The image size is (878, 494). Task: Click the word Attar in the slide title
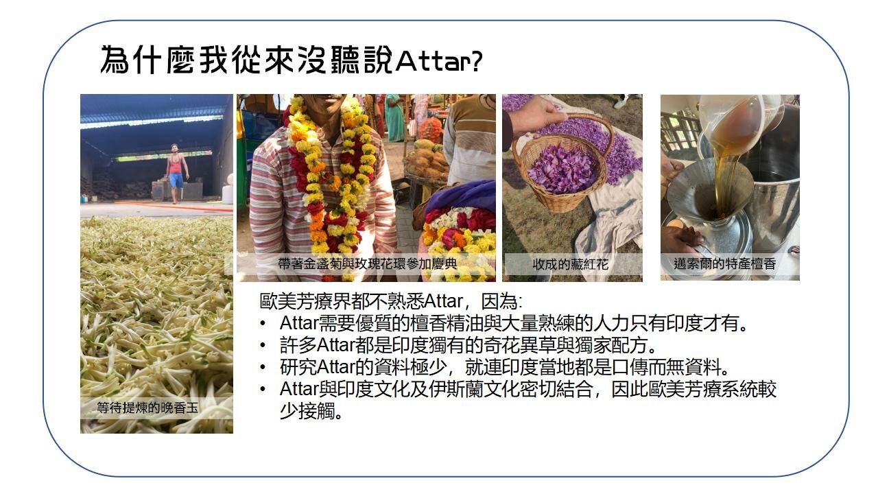coord(434,61)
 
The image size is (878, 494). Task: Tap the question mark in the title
coord(477,61)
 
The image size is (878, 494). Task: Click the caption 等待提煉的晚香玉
coord(147,408)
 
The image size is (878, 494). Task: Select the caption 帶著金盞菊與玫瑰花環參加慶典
coord(367,264)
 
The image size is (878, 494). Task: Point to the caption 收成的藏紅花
coord(570,265)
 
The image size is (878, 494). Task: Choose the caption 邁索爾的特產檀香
coord(725,264)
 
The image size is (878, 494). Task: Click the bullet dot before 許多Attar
coord(263,345)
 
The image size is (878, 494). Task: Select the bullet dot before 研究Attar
coord(263,367)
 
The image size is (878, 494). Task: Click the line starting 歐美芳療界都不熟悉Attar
coord(391,301)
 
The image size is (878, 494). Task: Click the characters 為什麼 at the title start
coord(147,60)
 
